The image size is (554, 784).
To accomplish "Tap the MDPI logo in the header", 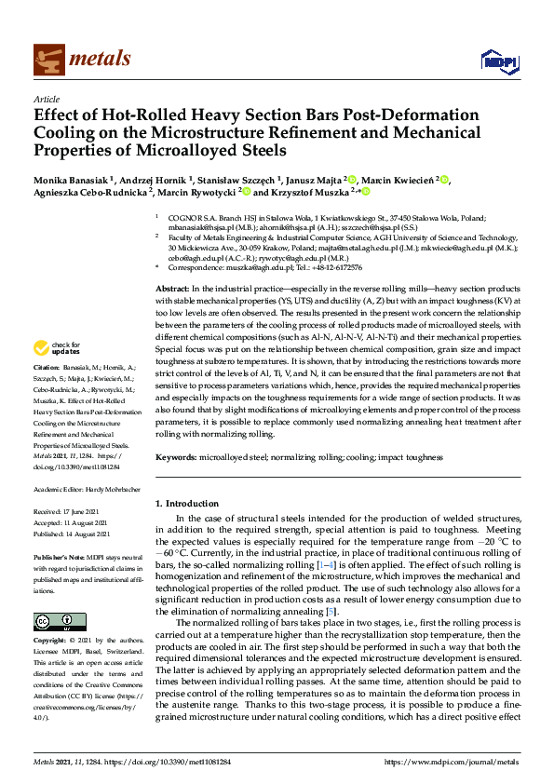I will coord(494,61).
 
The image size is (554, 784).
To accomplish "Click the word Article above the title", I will coord(45,99).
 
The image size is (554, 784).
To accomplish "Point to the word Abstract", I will coord(170,264).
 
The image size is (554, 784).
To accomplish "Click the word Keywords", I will coord(174,458).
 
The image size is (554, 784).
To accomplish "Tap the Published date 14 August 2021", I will coord(84,534).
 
